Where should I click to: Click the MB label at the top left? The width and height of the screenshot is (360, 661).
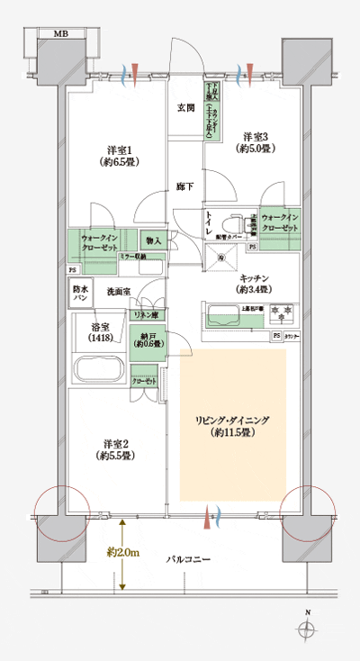[60, 33]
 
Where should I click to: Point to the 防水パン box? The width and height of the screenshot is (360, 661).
[79, 293]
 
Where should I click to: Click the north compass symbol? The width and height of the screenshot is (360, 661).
[309, 633]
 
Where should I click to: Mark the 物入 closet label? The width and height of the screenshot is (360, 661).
[153, 240]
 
